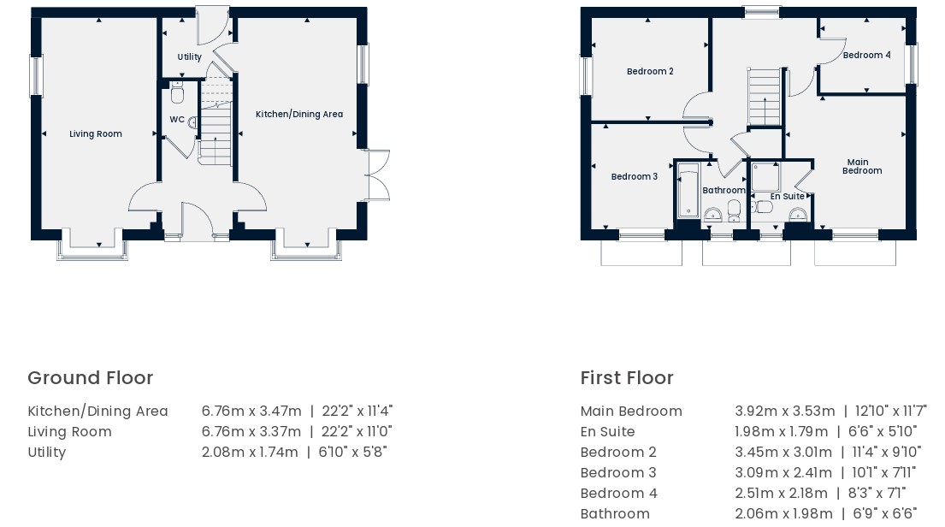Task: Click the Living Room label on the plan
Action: [95, 133]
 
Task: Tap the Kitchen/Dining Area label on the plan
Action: [299, 114]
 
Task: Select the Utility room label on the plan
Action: [189, 56]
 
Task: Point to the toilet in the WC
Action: [177, 93]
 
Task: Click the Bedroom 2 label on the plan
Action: [650, 71]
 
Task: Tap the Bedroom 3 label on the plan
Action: [634, 177]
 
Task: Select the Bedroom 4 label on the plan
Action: [866, 55]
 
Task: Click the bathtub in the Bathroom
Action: [688, 191]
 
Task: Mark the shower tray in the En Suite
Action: [766, 177]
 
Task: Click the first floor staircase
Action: [765, 97]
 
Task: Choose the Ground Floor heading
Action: [91, 378]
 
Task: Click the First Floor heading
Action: [627, 378]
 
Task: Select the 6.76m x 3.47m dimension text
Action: [251, 412]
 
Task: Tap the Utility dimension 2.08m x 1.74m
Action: [250, 453]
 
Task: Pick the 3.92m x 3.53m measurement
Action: [785, 412]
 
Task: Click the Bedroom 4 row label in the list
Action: [618, 494]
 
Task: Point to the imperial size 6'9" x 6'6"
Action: [885, 513]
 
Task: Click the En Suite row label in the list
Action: [607, 432]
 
